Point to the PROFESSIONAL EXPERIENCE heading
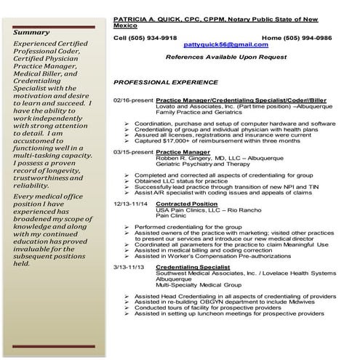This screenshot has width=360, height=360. pos(161,82)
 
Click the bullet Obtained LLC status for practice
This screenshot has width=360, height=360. pos(178,182)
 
